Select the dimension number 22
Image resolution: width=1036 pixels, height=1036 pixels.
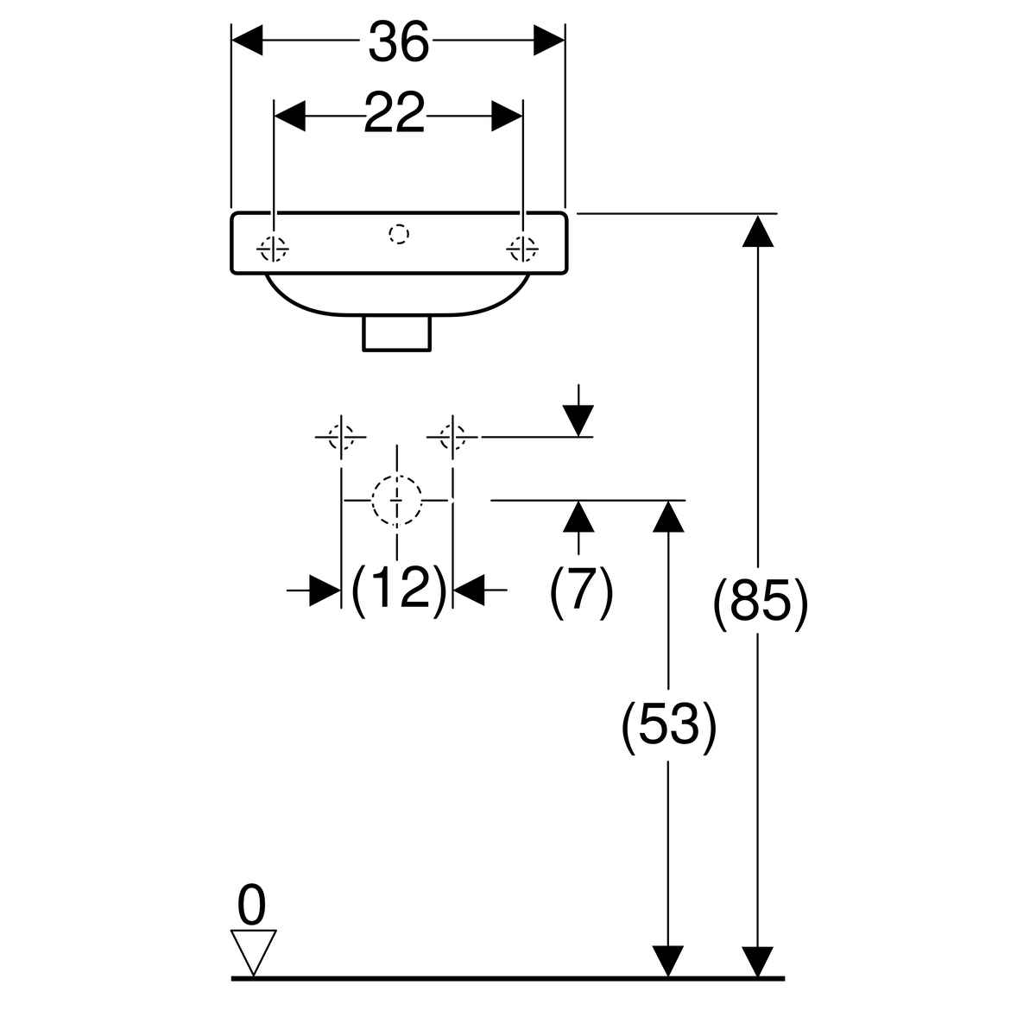(395, 114)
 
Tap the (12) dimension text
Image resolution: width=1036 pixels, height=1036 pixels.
(398, 590)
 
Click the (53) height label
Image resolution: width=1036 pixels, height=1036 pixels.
(669, 724)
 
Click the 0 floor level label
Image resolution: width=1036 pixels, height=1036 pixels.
(251, 907)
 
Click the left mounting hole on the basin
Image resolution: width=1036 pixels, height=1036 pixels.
(273, 250)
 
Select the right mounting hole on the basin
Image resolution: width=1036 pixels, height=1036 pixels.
(522, 250)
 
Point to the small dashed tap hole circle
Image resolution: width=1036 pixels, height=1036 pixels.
(398, 233)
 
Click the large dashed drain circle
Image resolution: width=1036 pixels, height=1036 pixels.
(396, 500)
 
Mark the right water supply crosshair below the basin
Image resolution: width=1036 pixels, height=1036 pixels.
(452, 437)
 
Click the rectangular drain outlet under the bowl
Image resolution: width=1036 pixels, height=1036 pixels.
(396, 333)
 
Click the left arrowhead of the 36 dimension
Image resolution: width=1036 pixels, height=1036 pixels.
(248, 40)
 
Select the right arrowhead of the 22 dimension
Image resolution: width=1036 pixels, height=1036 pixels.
(508, 115)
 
